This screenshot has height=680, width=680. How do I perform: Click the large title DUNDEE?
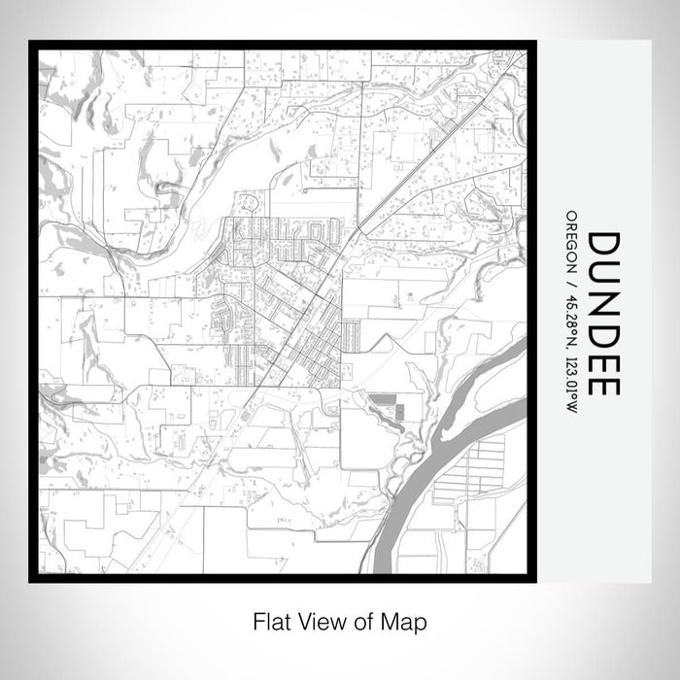point(604,313)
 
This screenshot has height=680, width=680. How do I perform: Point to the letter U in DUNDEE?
point(604,276)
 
